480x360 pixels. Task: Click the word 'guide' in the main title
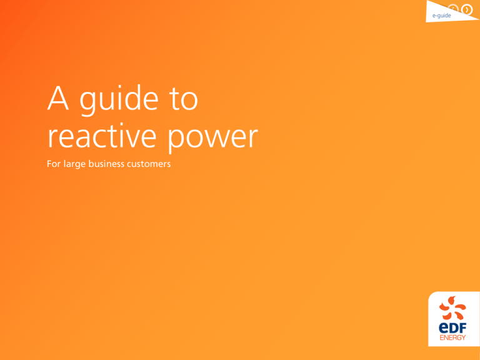(119, 100)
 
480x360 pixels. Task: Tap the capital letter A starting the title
(58, 97)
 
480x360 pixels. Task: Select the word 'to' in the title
(184, 99)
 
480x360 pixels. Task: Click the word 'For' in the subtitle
(54, 164)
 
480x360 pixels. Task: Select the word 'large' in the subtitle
(74, 164)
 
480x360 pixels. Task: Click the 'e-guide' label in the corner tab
(441, 16)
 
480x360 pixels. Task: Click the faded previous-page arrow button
(453, 9)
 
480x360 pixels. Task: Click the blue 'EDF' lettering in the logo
(452, 328)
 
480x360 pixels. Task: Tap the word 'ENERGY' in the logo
(452, 337)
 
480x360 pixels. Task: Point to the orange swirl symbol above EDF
(452, 308)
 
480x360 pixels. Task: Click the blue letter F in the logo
(462, 328)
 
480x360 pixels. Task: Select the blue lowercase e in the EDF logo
(443, 329)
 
